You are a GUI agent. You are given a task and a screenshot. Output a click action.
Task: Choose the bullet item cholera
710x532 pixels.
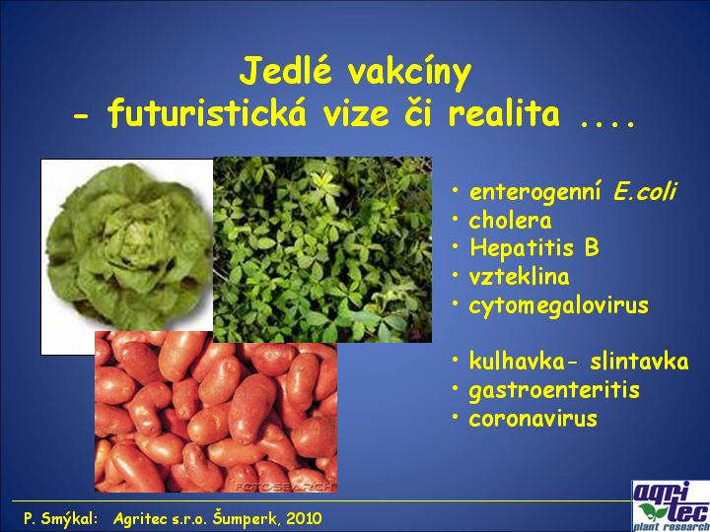point(511,221)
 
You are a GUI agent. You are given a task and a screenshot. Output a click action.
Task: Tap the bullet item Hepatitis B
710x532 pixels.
point(534,248)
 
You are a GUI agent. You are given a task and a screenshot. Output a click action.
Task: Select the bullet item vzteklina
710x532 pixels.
point(519,276)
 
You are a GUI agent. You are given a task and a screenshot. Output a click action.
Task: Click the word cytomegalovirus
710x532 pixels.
point(559,306)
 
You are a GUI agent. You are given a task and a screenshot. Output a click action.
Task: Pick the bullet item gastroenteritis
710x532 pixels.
point(554,391)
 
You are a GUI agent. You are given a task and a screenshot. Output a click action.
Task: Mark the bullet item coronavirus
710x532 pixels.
point(532,419)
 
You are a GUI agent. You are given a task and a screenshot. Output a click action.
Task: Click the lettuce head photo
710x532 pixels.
point(127,246)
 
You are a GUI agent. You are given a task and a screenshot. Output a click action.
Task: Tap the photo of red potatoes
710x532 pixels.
point(216,412)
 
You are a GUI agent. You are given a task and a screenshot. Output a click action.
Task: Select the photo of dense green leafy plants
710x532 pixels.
point(322,249)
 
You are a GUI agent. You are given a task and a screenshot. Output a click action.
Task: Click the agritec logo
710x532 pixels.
point(672,505)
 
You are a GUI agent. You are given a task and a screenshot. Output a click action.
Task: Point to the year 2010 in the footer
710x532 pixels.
point(305,518)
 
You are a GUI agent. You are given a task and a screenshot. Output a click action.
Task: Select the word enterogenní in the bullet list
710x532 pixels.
point(535,193)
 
